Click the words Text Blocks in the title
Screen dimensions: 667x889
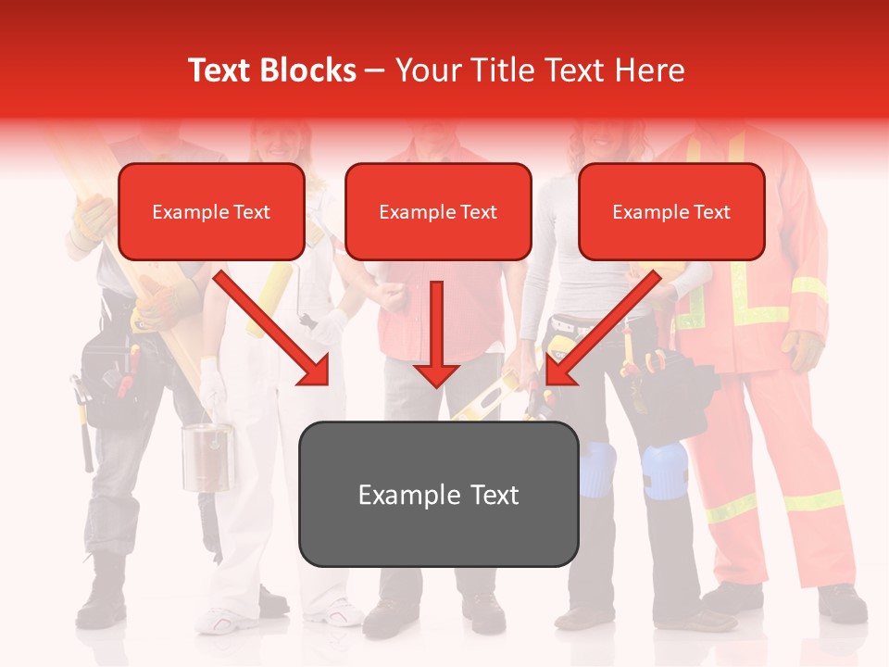tap(271, 70)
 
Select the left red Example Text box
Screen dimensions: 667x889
tap(211, 212)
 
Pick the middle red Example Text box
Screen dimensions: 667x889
tap(438, 212)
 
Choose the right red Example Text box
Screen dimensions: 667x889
tap(671, 212)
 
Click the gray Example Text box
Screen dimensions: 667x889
tap(438, 495)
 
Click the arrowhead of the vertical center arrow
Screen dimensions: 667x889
tap(436, 374)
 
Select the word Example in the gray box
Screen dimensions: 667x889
tap(403, 495)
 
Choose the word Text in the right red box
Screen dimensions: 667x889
tap(711, 212)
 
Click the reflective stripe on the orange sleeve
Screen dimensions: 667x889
tap(808, 287)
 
